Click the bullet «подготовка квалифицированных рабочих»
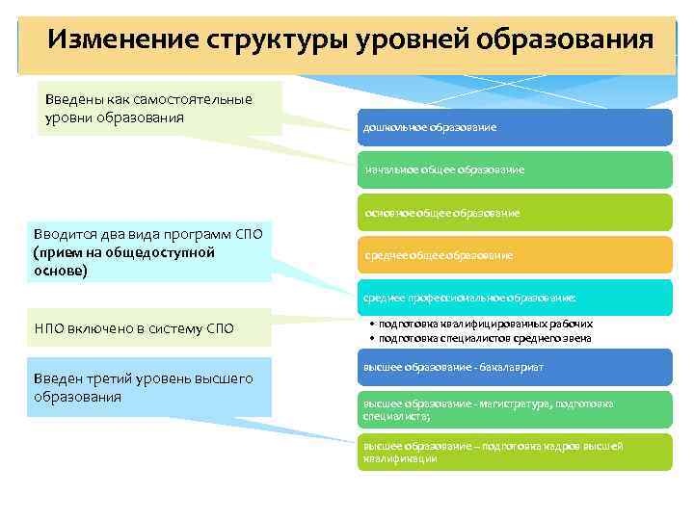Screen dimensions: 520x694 (x=486, y=325)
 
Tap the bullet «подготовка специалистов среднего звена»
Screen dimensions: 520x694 (x=486, y=338)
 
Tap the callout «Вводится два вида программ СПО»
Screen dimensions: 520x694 (x=149, y=252)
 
